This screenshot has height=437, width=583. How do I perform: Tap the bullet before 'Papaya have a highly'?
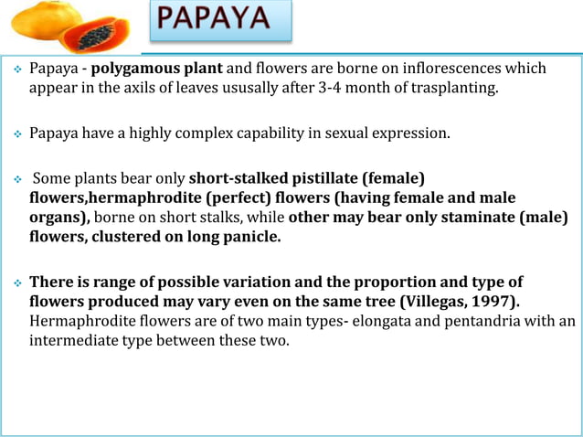coord(16,134)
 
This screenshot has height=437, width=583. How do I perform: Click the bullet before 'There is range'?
coord(16,282)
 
